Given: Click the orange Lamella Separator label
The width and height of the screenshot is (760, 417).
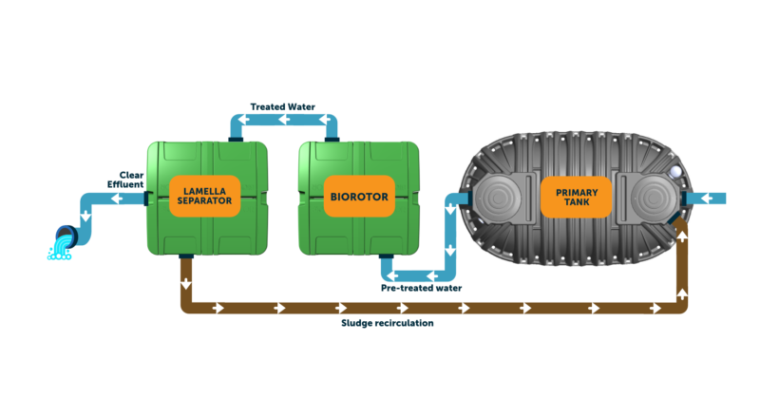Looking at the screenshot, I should coord(206,195).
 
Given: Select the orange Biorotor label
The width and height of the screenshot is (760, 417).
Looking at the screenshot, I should coord(359,196).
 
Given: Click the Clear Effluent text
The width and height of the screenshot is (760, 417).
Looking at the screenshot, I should coord(130,178).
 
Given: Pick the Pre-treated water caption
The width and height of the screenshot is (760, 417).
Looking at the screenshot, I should coord(422,287).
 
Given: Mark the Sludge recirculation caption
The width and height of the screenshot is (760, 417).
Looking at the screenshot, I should coord(387,323).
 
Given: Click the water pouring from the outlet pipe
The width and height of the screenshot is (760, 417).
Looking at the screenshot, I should coord(60,251).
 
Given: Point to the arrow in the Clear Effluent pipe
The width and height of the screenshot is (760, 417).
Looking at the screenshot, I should coord(116,199).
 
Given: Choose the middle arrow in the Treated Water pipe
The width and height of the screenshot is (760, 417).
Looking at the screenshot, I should coord(284,120).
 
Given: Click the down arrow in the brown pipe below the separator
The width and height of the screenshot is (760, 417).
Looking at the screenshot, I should coord(186,282).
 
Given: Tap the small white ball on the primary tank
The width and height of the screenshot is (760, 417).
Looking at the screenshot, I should coord(674,172).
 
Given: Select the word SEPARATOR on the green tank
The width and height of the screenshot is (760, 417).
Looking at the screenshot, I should coord(206,201).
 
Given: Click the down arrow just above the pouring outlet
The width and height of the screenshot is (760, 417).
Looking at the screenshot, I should coord(86,216).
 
